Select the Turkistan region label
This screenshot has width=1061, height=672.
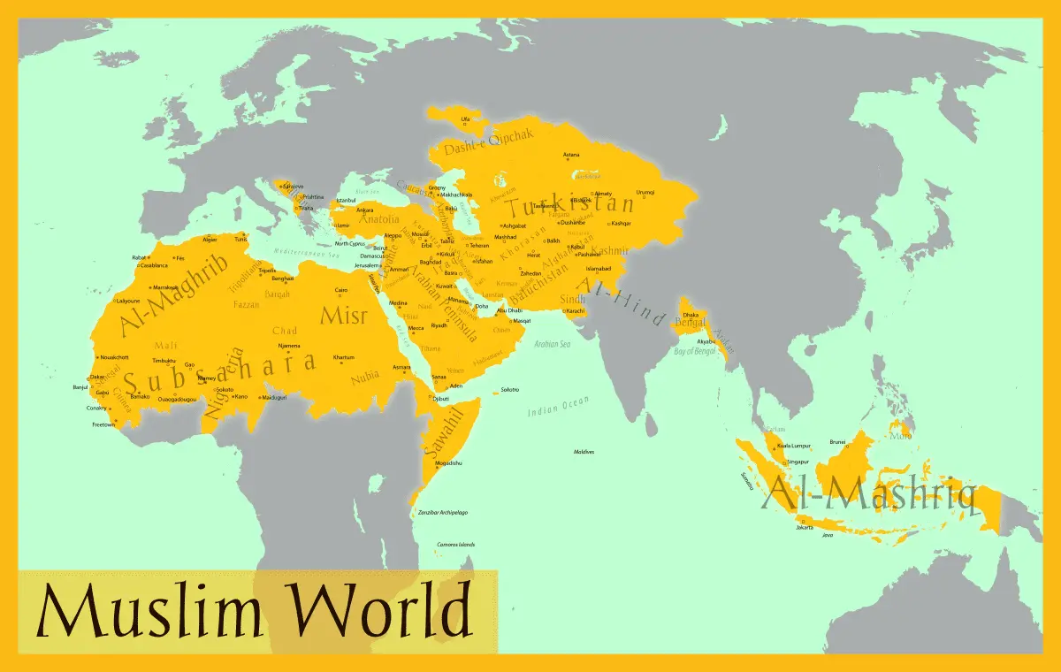coord(569,209)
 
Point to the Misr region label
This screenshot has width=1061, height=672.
coord(342,316)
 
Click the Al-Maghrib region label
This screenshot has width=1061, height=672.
coord(173,294)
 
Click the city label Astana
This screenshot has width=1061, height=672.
coord(571,156)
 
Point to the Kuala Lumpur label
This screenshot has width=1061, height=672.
coord(794,446)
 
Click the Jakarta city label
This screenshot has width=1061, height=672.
coord(804,528)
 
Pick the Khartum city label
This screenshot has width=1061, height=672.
coord(343,357)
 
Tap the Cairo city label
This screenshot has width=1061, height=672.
coord(340,290)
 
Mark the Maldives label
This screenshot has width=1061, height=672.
coord(584,452)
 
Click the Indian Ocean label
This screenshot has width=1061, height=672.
coord(558,406)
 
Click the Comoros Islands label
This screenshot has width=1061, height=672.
coord(455,545)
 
